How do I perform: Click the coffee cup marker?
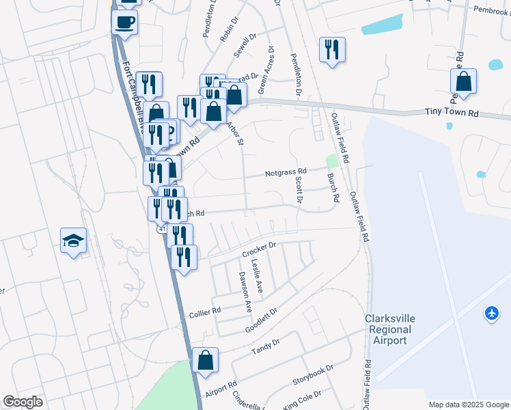pos(125,21)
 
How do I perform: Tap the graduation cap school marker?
pos(73,241)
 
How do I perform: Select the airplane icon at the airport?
pos(491,314)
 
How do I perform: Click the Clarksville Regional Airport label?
pos(389,329)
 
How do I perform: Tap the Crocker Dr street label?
pos(258,249)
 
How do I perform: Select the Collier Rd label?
pos(206,310)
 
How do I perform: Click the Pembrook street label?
pos(491,11)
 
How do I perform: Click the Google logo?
pos(23,402)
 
